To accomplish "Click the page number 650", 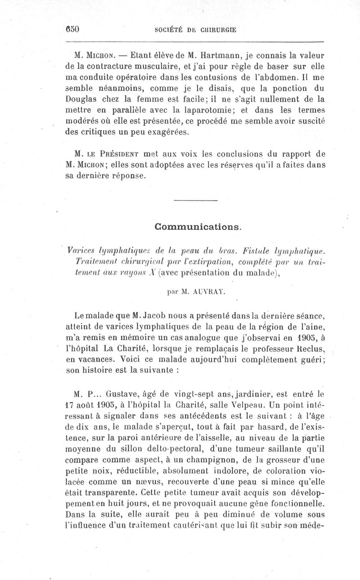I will [72, 30].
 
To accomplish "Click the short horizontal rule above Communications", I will [195, 200].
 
